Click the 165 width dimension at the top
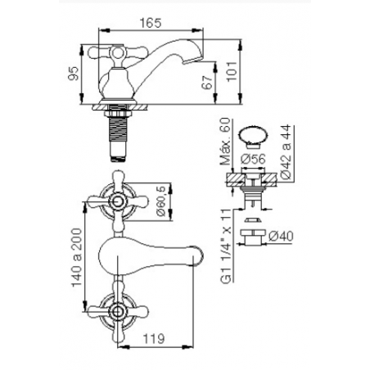pos(151,23)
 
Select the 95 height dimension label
pos(74,74)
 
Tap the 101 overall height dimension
pos(232,71)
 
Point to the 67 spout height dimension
pos(207,83)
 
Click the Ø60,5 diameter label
pos(161,201)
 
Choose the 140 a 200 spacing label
pos(77,257)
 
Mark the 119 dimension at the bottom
pos(154,339)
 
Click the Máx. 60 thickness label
pos(225,142)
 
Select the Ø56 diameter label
pos(254,159)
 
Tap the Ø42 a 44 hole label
pos(286,151)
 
